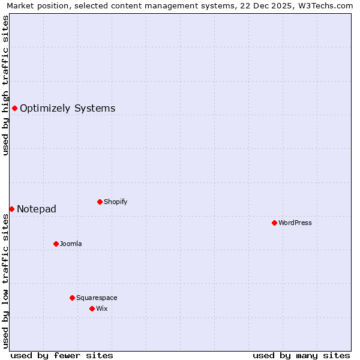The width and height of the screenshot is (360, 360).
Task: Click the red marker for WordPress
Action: pyautogui.click(x=274, y=223)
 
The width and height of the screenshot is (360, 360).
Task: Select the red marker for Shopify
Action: pyautogui.click(x=100, y=202)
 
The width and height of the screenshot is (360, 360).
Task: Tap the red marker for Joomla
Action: pyautogui.click(x=56, y=244)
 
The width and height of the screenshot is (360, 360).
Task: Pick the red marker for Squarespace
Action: pyautogui.click(x=72, y=298)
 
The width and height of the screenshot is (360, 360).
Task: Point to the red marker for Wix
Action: pyautogui.click(x=92, y=308)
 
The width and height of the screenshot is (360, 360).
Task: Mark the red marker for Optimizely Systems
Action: pyautogui.click(x=14, y=108)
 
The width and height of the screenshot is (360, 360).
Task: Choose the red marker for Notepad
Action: pyautogui.click(x=11, y=209)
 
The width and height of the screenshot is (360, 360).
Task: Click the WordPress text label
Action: pyautogui.click(x=295, y=223)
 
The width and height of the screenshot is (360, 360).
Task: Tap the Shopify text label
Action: pyautogui.click(x=116, y=202)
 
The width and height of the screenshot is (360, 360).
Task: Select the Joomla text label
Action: pyautogui.click(x=71, y=244)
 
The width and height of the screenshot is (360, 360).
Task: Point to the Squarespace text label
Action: pyautogui.click(x=97, y=298)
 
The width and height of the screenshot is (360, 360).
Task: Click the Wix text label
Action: pyautogui.click(x=102, y=308)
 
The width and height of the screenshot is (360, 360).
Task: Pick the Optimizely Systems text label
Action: pyautogui.click(x=68, y=109)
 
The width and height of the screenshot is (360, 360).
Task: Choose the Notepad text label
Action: pyautogui.click(x=37, y=209)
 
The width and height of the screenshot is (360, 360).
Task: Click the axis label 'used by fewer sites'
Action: pyautogui.click(x=62, y=355)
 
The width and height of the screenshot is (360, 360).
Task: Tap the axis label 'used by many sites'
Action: pyautogui.click(x=301, y=355)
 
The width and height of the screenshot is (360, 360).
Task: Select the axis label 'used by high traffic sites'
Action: pyautogui.click(x=5, y=85)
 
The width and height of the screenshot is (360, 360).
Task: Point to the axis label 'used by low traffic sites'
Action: pyautogui.click(x=5, y=280)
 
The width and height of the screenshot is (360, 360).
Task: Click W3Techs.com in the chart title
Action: pyautogui.click(x=326, y=5)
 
